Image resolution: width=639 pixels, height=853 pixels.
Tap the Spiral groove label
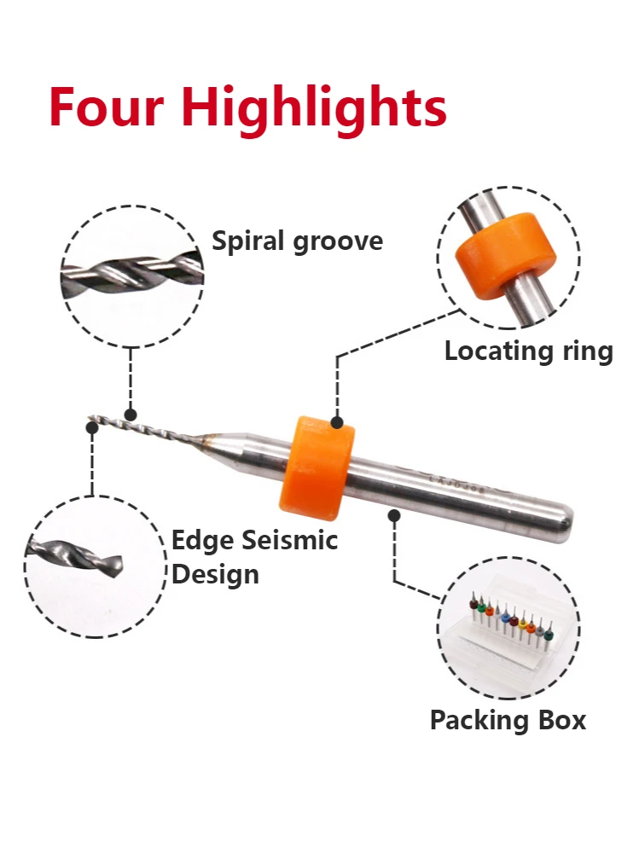297,242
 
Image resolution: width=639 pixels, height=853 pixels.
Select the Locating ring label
528,351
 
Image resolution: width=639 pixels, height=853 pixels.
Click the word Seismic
290,540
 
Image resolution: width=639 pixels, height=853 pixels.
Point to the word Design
215,573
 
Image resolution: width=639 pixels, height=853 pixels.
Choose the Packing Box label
508,720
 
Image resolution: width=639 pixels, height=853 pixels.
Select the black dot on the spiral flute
131,415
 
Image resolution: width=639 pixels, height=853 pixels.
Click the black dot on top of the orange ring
338,421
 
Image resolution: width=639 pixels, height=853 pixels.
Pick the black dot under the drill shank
393,514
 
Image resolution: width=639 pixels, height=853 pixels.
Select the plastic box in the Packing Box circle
508,631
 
